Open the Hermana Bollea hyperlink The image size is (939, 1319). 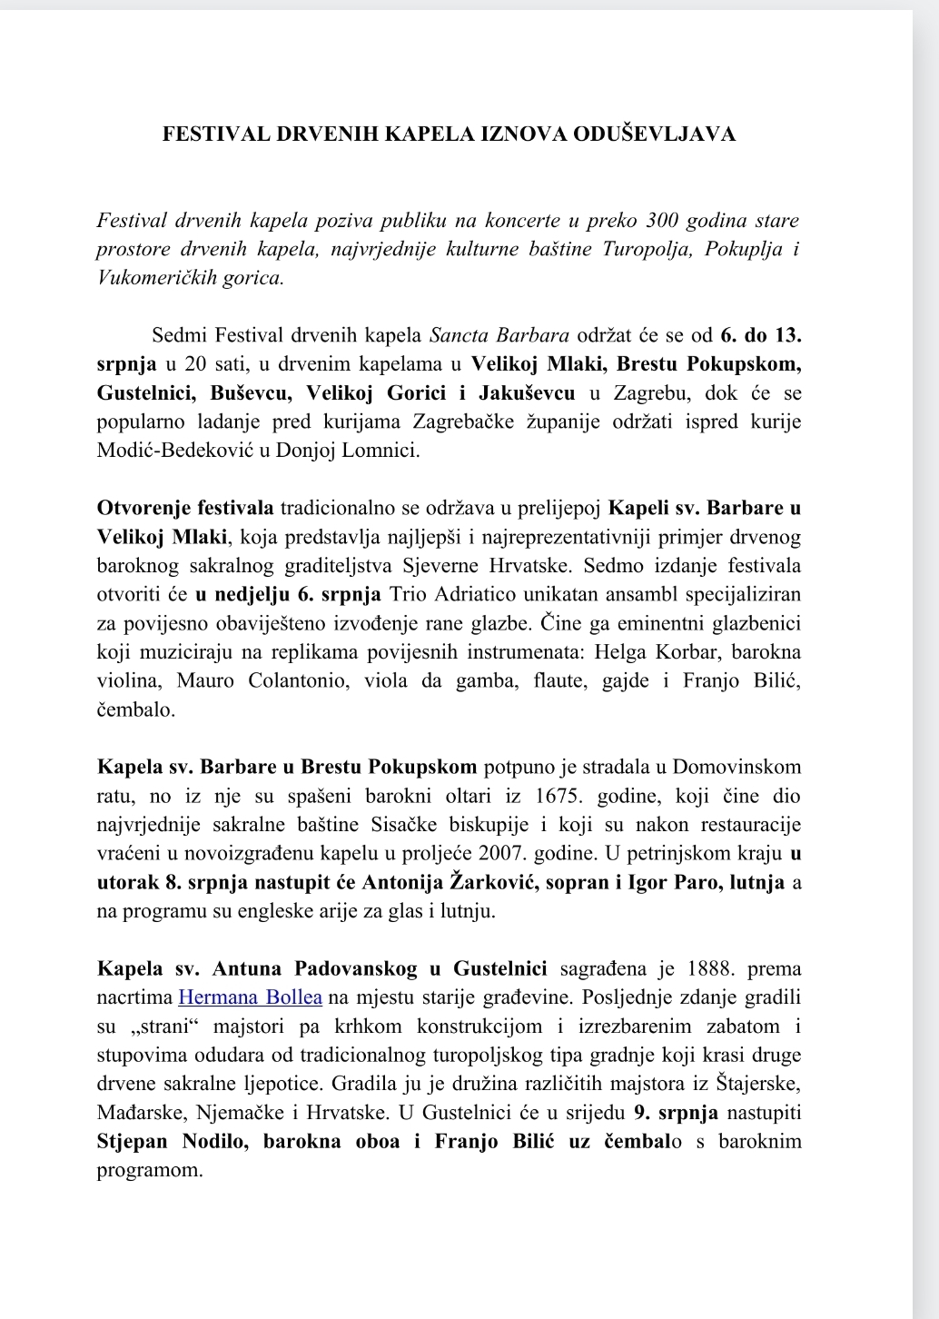click(x=250, y=997)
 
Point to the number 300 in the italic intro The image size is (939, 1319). click(x=667, y=221)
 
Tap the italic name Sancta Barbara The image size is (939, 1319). click(x=499, y=335)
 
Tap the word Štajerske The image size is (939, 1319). click(x=759, y=1084)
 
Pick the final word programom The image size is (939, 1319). click(x=150, y=1170)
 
